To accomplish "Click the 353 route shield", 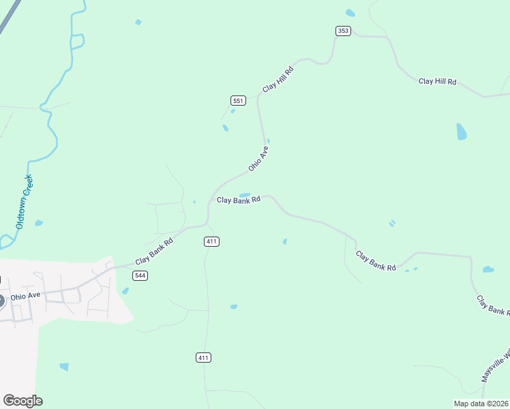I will [343, 31].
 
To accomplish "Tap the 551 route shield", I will [237, 100].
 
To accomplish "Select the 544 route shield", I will [140, 275].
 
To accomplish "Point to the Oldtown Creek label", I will [25, 202].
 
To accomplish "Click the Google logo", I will [22, 401].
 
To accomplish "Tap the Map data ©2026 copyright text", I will [481, 403].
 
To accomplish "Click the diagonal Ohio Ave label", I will [258, 157].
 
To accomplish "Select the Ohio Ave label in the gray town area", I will [25, 295].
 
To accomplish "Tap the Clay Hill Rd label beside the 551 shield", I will [278, 80].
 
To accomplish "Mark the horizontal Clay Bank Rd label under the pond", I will [239, 200].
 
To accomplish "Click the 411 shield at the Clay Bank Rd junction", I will [211, 241].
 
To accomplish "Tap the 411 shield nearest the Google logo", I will [203, 357].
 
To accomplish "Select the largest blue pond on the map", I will [462, 132].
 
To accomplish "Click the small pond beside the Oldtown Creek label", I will [39, 223].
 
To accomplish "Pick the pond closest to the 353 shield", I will [350, 13].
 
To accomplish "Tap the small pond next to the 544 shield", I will [125, 291].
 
